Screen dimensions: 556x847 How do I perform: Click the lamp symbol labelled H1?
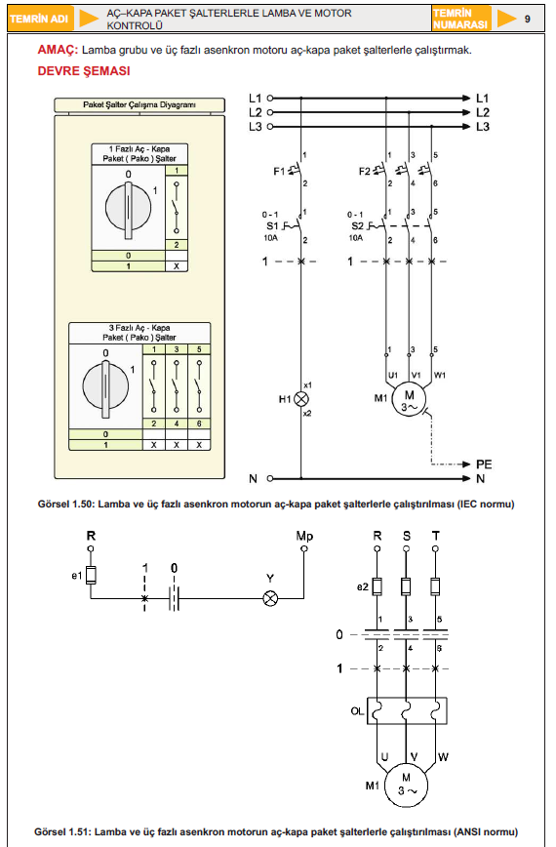click(x=300, y=399)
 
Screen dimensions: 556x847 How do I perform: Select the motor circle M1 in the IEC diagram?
click(x=409, y=400)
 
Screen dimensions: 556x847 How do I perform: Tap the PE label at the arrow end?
click(x=484, y=464)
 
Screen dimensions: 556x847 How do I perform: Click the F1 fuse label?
click(x=279, y=171)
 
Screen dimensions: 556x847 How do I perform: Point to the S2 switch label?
click(x=357, y=225)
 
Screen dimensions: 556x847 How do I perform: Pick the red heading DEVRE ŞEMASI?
click(x=84, y=71)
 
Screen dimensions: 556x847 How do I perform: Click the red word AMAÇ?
click(x=58, y=50)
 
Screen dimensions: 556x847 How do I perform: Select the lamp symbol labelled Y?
click(x=270, y=598)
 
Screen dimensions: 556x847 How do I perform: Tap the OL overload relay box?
click(x=407, y=710)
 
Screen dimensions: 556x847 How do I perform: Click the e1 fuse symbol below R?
click(x=91, y=576)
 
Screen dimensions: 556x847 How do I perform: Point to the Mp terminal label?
click(x=304, y=536)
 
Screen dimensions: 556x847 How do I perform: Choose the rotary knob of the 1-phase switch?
click(x=128, y=208)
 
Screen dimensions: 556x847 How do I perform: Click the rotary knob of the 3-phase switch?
click(x=105, y=387)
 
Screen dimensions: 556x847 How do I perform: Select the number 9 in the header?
click(x=528, y=19)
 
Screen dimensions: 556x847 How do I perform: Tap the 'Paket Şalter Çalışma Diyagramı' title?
click(x=139, y=104)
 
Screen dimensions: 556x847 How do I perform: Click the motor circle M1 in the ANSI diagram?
click(x=406, y=786)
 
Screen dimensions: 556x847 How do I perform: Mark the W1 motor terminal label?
click(x=440, y=375)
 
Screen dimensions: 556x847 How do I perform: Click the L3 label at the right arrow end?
click(x=483, y=127)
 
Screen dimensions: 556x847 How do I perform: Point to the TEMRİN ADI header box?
click(x=39, y=19)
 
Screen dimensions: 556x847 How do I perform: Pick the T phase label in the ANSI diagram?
click(x=436, y=536)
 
